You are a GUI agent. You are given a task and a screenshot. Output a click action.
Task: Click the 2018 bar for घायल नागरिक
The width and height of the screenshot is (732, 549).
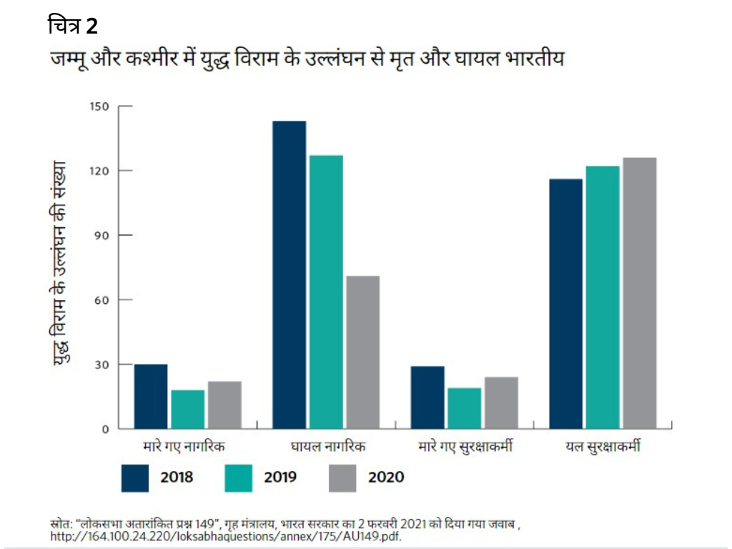coord(289,275)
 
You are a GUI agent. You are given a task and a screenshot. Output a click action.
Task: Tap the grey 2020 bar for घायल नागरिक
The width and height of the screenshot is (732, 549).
coord(362,352)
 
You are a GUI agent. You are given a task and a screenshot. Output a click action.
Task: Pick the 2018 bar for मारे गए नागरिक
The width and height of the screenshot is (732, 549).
coord(151,397)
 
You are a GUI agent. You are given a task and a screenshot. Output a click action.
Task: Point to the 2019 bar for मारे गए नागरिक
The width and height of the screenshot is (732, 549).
coord(187,410)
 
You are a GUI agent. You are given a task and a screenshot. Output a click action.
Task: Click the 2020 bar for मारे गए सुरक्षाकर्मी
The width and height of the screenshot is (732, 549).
coord(500,403)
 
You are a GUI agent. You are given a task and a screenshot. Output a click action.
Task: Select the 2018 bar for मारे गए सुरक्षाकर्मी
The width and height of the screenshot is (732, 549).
coord(427,397)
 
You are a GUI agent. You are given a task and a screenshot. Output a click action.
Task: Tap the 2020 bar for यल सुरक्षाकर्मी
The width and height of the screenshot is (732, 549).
coord(639,293)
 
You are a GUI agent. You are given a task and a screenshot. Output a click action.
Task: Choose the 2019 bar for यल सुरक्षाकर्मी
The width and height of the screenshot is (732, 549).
coord(603,297)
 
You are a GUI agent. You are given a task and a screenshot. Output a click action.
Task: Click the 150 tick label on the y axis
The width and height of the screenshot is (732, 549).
coord(99,107)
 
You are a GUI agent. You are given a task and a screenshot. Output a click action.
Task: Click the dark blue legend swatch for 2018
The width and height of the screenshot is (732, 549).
coord(135,477)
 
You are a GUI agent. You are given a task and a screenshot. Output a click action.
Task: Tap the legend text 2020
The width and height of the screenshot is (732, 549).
coord(386,477)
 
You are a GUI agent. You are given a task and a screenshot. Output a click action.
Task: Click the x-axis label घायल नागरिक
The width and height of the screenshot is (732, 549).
coord(328,447)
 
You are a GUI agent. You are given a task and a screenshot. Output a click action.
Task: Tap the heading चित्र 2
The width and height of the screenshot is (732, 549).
coord(72,26)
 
